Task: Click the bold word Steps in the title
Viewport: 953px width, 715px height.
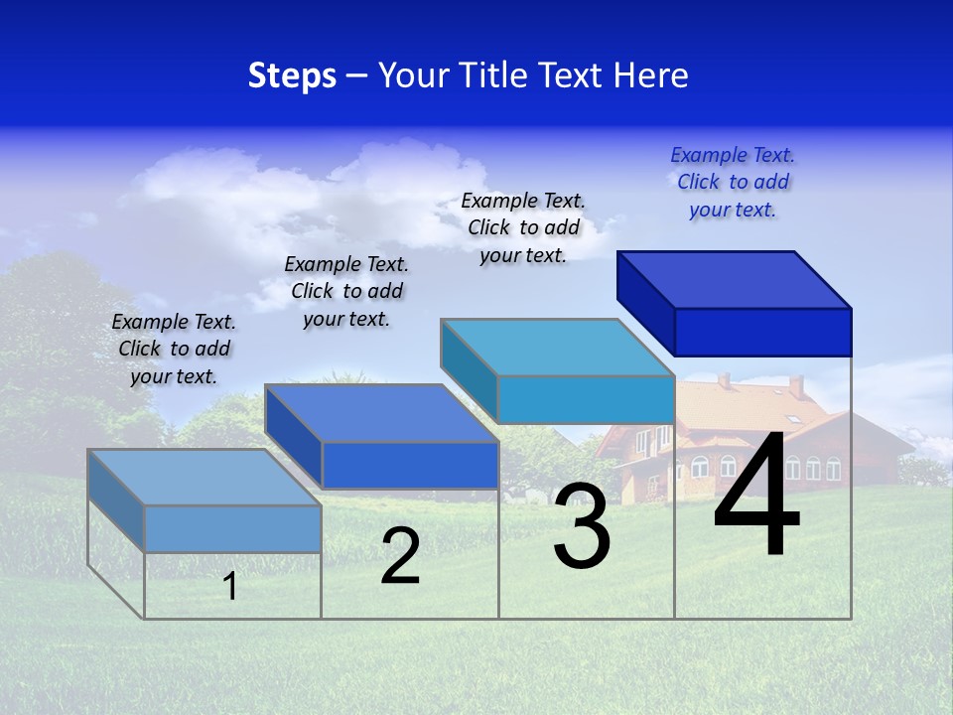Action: click(x=292, y=75)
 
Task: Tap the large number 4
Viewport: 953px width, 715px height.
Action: click(x=756, y=497)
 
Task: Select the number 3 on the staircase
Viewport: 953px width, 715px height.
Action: click(x=582, y=526)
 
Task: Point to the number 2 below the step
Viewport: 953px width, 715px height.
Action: click(x=400, y=557)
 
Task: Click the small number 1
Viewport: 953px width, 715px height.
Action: click(x=230, y=586)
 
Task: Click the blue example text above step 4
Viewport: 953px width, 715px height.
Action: click(x=733, y=182)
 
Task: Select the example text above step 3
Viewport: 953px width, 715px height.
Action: click(x=523, y=227)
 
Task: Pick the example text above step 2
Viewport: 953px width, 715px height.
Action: click(x=346, y=291)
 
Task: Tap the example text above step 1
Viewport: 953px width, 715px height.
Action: click(x=174, y=349)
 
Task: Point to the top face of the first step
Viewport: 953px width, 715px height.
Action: click(x=204, y=478)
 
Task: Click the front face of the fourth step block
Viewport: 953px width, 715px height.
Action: click(x=762, y=332)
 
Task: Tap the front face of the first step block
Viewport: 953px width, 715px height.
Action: click(x=232, y=528)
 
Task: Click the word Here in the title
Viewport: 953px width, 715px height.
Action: click(x=651, y=75)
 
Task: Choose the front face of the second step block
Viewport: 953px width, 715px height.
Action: click(x=409, y=465)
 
